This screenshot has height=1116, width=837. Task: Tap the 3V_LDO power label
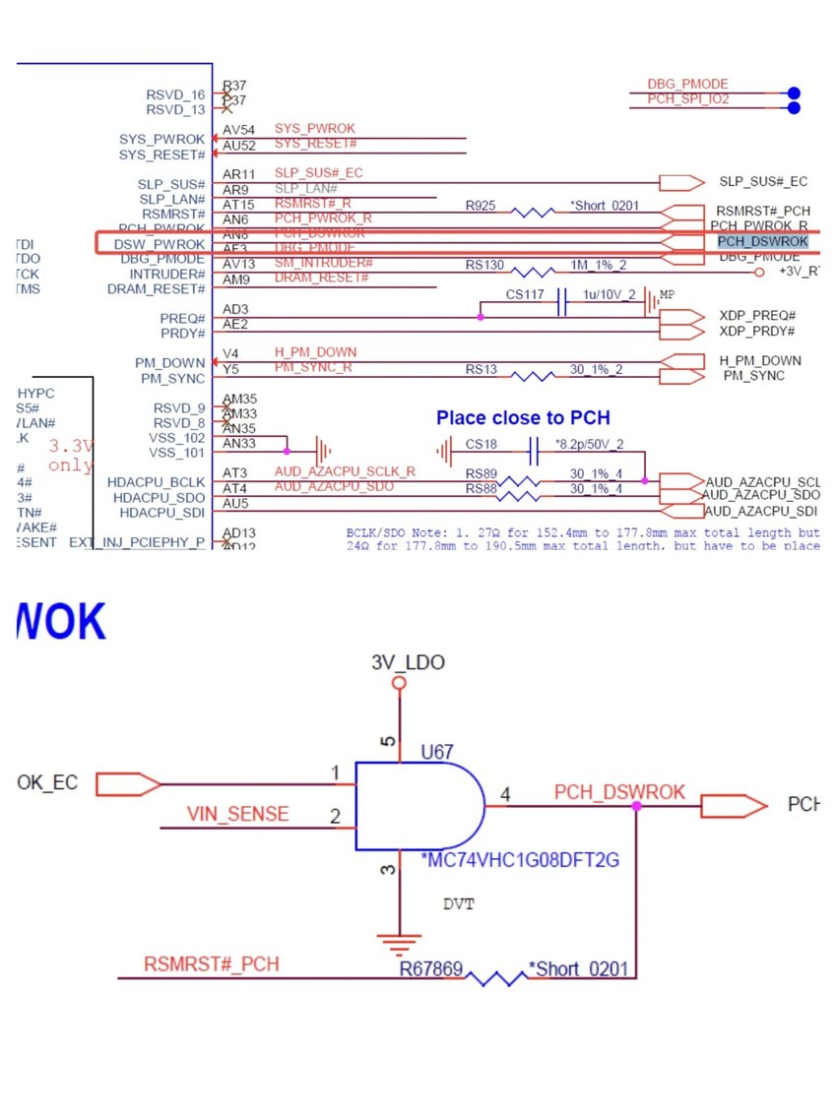point(408,662)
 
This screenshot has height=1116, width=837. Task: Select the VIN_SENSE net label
point(238,814)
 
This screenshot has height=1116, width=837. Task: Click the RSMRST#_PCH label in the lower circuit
point(211,964)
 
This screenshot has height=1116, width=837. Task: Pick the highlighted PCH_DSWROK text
point(762,241)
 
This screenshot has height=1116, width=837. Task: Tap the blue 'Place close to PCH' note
point(523,418)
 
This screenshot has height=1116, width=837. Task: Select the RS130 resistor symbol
point(533,271)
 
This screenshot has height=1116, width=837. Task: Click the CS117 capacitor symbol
point(562,302)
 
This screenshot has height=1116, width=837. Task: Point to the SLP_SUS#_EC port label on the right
point(763,182)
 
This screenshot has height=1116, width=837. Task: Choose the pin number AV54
point(239,130)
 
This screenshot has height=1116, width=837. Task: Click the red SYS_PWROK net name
point(314,129)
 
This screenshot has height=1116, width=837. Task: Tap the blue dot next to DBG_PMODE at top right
point(794,93)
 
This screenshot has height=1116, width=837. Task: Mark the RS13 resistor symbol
point(533,376)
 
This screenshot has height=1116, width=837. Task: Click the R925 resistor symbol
point(533,212)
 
